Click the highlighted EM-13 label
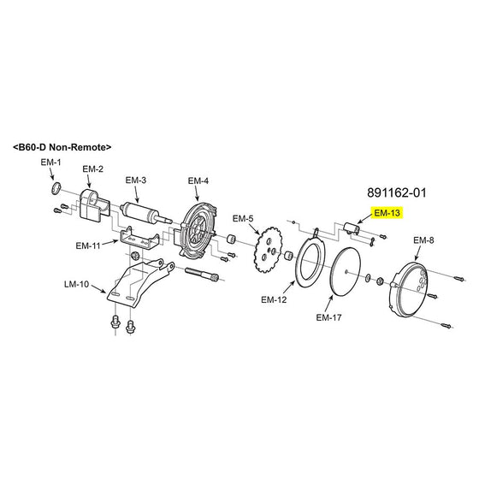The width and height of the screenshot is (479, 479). (x=387, y=213)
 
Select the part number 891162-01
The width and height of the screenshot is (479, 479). (x=397, y=192)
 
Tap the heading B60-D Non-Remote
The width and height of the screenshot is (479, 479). (x=62, y=147)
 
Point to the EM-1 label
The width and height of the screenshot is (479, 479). (x=50, y=163)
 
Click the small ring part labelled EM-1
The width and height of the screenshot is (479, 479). (x=56, y=188)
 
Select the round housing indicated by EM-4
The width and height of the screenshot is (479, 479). (x=196, y=232)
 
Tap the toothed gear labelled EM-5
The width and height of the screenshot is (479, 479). (x=269, y=250)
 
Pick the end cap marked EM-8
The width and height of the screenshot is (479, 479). (x=409, y=289)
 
